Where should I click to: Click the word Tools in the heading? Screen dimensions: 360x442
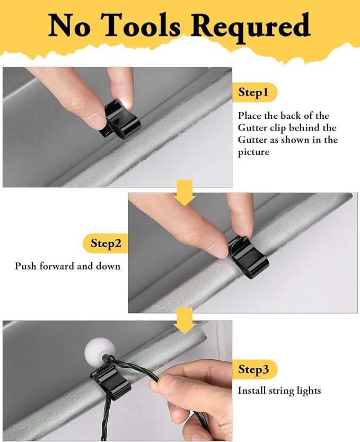(142, 25)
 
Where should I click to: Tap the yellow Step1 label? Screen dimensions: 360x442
(254, 92)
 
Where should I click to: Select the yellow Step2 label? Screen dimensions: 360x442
(106, 243)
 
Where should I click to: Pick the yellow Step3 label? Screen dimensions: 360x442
(254, 369)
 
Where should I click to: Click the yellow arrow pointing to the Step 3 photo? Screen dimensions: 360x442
(185, 321)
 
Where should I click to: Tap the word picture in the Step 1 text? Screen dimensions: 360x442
(253, 152)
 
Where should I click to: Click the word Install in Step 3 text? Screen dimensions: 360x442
(251, 391)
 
